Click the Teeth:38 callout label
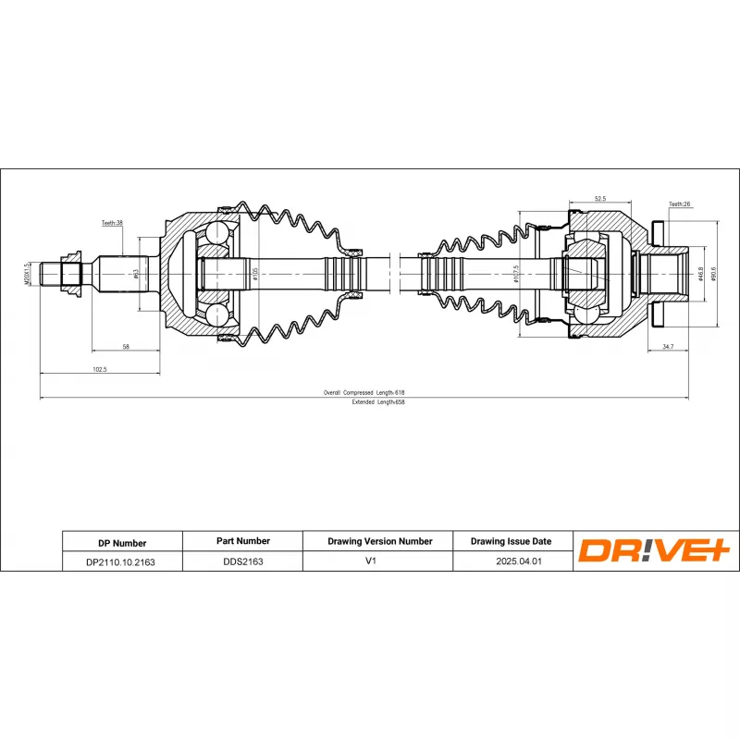coord(113,223)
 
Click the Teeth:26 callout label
coord(680,203)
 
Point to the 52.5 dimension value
coord(599,199)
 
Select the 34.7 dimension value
coord(667,346)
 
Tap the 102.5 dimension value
coord(100,369)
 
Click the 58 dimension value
coord(125,346)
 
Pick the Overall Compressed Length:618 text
coord(364,392)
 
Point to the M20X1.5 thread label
coord(29,275)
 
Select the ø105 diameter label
coord(255,274)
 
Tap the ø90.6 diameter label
coord(714,275)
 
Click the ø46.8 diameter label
coord(701,275)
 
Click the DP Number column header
coord(121,543)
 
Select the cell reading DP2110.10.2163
coord(121,561)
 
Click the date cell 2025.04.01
coord(511,561)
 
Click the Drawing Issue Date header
coord(511,542)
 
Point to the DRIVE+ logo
coord(654,551)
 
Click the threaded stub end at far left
coord(51,275)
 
